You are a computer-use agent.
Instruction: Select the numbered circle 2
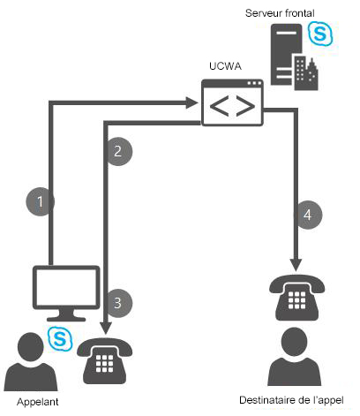(x=118, y=151)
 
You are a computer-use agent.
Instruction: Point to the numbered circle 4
(x=306, y=214)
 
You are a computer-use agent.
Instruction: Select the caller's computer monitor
(x=64, y=290)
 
